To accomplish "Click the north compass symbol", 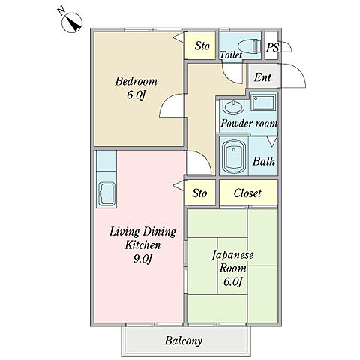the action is tap(72, 22).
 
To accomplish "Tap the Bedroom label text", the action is tap(136, 82).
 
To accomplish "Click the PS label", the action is tap(272, 47).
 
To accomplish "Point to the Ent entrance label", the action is tap(262, 77).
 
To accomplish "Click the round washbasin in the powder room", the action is tap(233, 106).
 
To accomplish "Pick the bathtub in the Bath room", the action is tap(234, 157).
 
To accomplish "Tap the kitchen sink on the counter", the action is tap(107, 194).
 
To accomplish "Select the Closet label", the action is tap(247, 193).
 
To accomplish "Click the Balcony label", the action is tap(184, 340).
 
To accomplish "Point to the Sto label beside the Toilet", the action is tap(202, 46).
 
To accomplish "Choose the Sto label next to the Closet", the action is tap(199, 193).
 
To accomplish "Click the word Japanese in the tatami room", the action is tap(232, 255).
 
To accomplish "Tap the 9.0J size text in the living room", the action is tap(142, 259).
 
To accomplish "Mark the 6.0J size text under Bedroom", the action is tap(136, 95).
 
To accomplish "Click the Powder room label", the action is tap(249, 124).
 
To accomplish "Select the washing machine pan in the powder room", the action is tap(263, 103).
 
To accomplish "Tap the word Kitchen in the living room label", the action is tap(142, 244).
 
